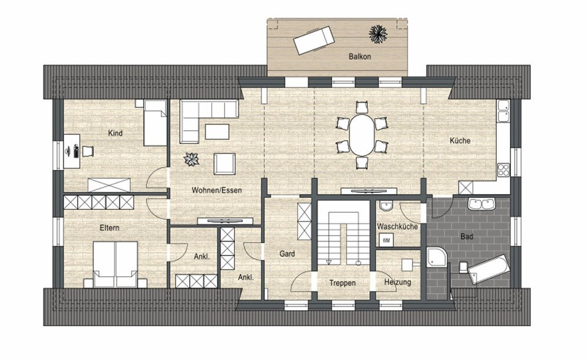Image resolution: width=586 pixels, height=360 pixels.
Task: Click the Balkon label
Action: click(x=360, y=57)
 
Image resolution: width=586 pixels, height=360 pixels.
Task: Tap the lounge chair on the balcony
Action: click(x=313, y=40)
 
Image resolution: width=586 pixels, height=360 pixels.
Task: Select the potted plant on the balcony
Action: click(x=378, y=34)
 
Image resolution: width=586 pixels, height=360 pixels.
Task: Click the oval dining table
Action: click(x=361, y=134)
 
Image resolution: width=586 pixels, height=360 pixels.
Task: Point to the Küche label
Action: click(x=460, y=141)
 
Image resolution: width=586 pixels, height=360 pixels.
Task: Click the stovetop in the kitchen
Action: click(x=503, y=170)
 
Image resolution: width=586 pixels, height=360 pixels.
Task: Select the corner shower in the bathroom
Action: click(x=436, y=257)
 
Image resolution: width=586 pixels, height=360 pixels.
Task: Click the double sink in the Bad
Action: click(x=482, y=204)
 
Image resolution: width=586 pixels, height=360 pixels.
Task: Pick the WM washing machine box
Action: click(x=386, y=240)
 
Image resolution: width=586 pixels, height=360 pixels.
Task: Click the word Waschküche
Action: click(x=397, y=227)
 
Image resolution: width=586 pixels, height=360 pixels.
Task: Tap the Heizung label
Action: click(x=398, y=283)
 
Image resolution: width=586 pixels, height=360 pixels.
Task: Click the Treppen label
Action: click(x=343, y=283)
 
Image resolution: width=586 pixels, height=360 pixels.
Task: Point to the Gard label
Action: click(x=287, y=254)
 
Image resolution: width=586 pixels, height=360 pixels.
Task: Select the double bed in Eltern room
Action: click(x=116, y=264)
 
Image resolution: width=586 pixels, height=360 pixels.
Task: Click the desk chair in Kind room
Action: click(x=87, y=151)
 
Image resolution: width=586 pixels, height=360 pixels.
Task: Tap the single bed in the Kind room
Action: click(x=155, y=123)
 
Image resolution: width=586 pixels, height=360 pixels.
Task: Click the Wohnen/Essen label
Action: click(x=217, y=191)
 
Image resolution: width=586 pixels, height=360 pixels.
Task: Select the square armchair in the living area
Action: click(x=225, y=164)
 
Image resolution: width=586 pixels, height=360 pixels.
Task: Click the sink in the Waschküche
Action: click(x=386, y=206)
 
